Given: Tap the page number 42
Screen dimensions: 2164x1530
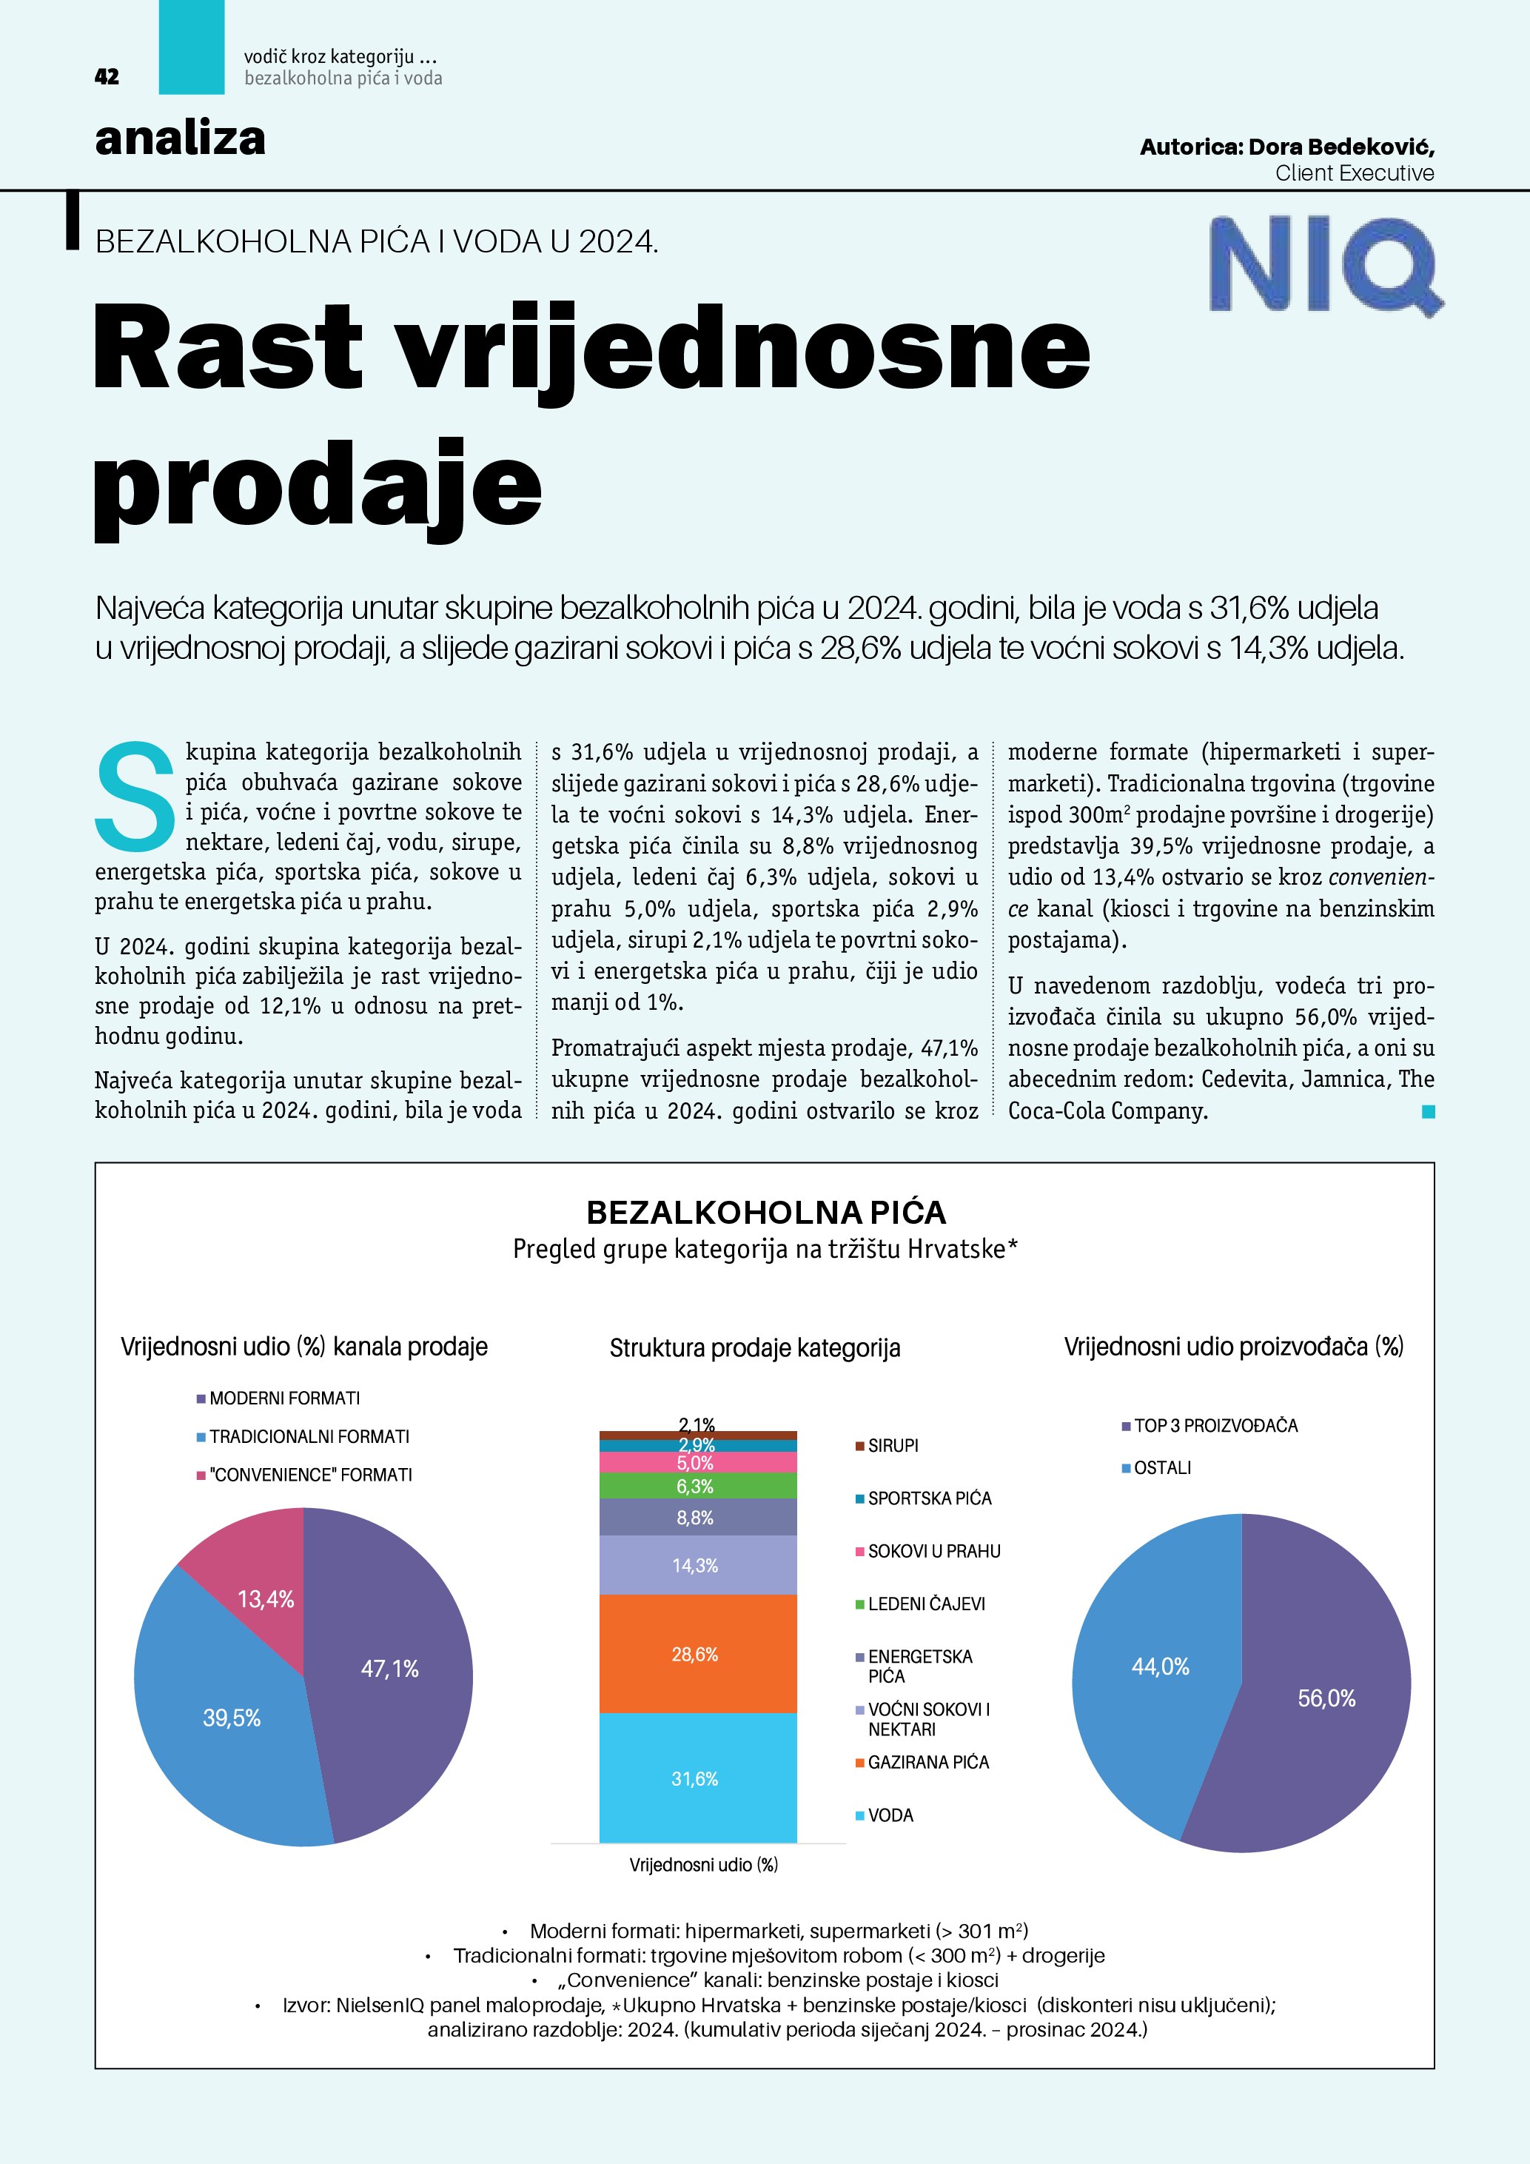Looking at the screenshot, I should point(107,77).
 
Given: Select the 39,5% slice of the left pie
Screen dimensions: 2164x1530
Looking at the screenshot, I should point(226,1725).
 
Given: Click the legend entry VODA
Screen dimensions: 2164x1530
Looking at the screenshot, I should point(890,1815).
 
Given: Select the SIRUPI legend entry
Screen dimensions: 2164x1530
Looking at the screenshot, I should point(892,1446).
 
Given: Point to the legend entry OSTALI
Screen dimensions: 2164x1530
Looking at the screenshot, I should point(1161,1467).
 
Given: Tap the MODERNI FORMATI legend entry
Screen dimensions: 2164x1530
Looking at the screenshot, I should point(283,1398).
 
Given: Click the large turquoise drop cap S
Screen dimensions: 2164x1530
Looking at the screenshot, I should point(135,794).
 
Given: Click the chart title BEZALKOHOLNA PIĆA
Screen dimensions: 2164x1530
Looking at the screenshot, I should point(765,1212).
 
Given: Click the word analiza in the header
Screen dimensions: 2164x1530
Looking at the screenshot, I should point(180,139).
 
